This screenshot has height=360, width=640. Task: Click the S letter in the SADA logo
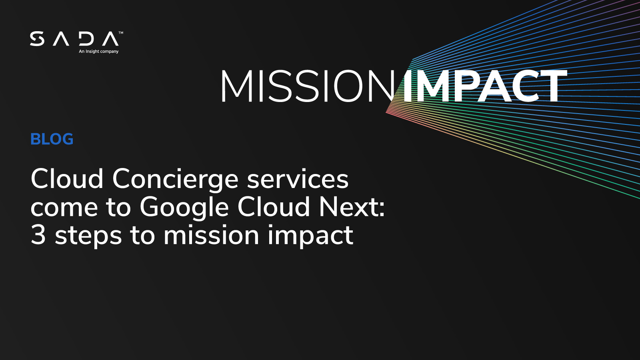[x=37, y=39]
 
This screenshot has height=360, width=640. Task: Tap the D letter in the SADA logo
[x=86, y=39]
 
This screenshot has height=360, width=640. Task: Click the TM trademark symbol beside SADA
[x=121, y=33]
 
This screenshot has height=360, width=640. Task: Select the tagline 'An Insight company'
[x=98, y=52]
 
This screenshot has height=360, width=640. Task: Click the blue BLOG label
[x=52, y=139]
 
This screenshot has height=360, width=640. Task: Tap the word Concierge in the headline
[x=175, y=179]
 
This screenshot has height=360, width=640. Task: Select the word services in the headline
[x=298, y=179]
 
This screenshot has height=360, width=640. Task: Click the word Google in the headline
[x=184, y=208]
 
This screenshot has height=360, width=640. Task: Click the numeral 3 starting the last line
[x=38, y=235]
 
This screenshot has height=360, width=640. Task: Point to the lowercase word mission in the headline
[x=211, y=235]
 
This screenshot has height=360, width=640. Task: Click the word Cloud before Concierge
[x=67, y=179]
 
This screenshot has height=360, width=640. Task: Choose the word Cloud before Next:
[x=274, y=207]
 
